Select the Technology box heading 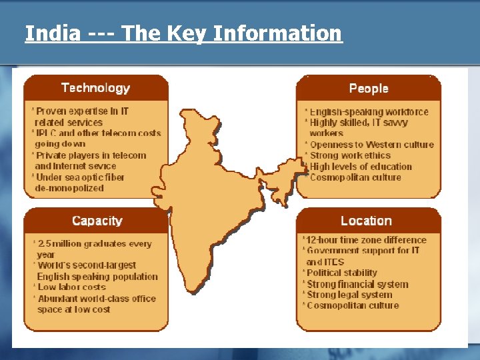(95, 88)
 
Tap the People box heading (368, 88)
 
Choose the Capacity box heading (97, 221)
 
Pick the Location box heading (366, 221)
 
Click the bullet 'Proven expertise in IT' (82, 111)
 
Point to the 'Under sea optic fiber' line (80, 177)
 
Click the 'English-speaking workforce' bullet (369, 111)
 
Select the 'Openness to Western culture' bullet (371, 145)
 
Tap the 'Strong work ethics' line (350, 155)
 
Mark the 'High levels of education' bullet (361, 167)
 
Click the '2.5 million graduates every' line (94, 244)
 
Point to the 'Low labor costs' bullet (72, 287)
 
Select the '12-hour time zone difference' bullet (365, 240)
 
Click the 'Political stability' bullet (341, 273)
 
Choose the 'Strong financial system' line (357, 284)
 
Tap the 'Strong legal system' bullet (349, 295)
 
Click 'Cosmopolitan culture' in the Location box (353, 305)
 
